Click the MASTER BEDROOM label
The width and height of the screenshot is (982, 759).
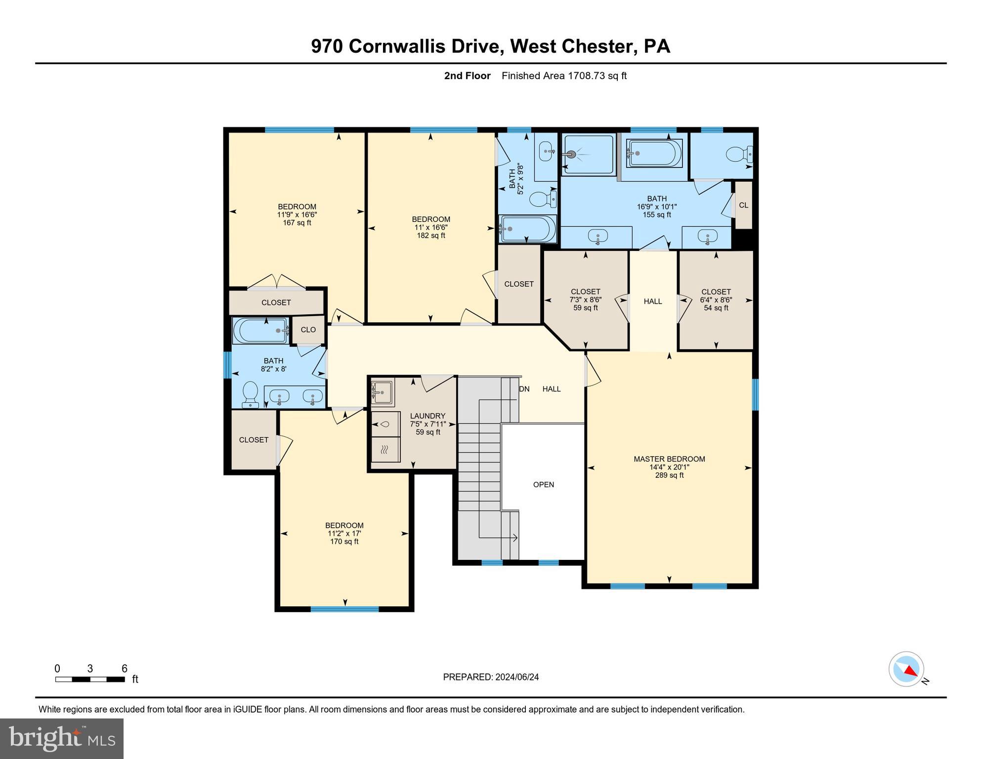click(x=669, y=459)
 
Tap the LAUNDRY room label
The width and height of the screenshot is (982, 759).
click(x=427, y=416)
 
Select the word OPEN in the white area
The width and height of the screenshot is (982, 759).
click(x=543, y=485)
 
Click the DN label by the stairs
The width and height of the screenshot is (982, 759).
click(x=524, y=389)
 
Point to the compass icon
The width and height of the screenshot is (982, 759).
click(x=906, y=669)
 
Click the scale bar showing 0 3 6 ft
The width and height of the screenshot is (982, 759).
click(x=90, y=679)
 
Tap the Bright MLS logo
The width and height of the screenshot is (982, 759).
click(x=62, y=738)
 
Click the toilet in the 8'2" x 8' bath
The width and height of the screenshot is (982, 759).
click(x=251, y=394)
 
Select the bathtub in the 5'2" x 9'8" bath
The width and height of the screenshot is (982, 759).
click(x=527, y=229)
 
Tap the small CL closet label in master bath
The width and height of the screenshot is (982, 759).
click(x=743, y=205)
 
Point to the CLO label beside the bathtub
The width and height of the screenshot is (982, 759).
click(x=308, y=330)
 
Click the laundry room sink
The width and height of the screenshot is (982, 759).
click(x=383, y=393)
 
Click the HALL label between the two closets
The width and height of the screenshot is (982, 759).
click(x=652, y=301)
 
